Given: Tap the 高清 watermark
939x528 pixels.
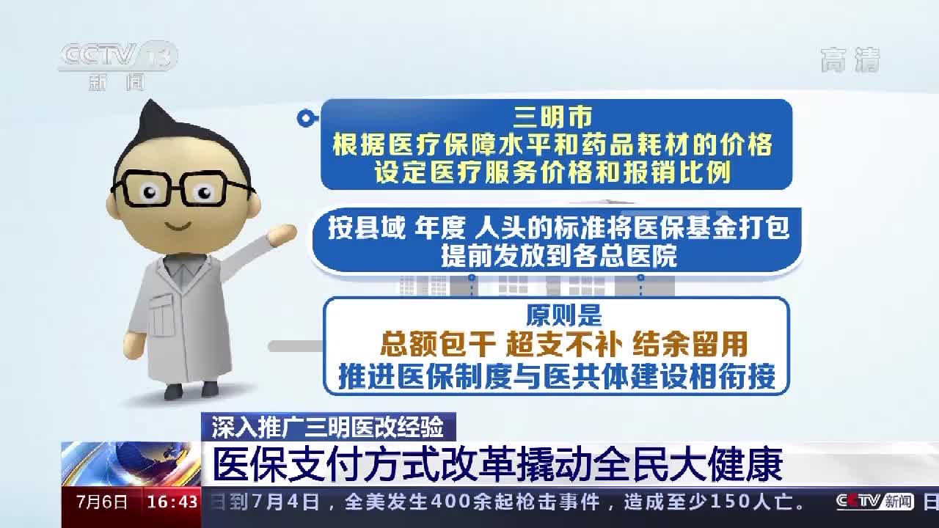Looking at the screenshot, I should coord(850,60).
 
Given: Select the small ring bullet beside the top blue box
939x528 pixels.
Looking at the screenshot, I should coord(304,118).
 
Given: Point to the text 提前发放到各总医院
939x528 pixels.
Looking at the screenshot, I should coord(558,256).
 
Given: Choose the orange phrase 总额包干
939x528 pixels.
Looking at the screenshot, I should coord(428,344).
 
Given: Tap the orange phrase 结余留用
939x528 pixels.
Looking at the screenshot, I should coord(690,344).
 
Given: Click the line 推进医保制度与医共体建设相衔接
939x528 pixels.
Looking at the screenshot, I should coord(557,376).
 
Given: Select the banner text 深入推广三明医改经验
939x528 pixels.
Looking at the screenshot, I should coord(328,426).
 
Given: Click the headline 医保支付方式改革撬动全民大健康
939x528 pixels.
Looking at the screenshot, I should coord(497,464).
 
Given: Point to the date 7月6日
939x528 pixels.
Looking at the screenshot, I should coord(102,502).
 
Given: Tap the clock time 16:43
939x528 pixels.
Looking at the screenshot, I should coord(172,502).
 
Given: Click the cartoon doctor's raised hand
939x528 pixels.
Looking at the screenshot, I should coord(282,235).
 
